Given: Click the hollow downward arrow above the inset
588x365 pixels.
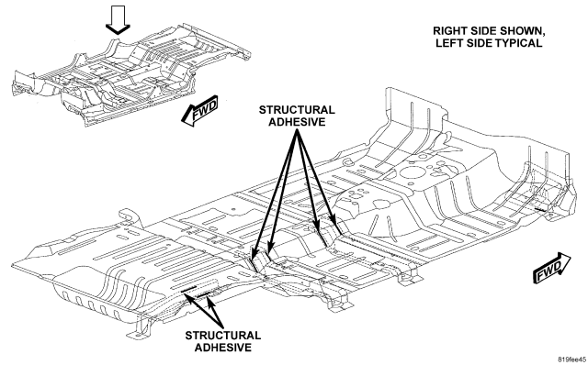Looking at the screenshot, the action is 118,20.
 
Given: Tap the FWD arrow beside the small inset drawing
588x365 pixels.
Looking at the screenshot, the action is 199,111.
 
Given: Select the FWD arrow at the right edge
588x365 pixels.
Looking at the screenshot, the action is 551,267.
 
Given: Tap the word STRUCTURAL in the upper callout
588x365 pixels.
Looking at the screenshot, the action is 297,110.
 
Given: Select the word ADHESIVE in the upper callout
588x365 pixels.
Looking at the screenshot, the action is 297,122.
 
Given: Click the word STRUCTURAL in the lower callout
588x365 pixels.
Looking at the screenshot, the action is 222,335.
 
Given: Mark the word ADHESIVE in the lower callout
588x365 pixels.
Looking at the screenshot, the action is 222,347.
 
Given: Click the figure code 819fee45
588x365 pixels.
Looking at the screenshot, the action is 571,359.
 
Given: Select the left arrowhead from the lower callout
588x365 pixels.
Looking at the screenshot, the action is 189,297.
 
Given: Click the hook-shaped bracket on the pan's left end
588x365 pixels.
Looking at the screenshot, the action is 129,216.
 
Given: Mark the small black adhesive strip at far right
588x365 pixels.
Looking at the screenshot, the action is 540,210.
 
